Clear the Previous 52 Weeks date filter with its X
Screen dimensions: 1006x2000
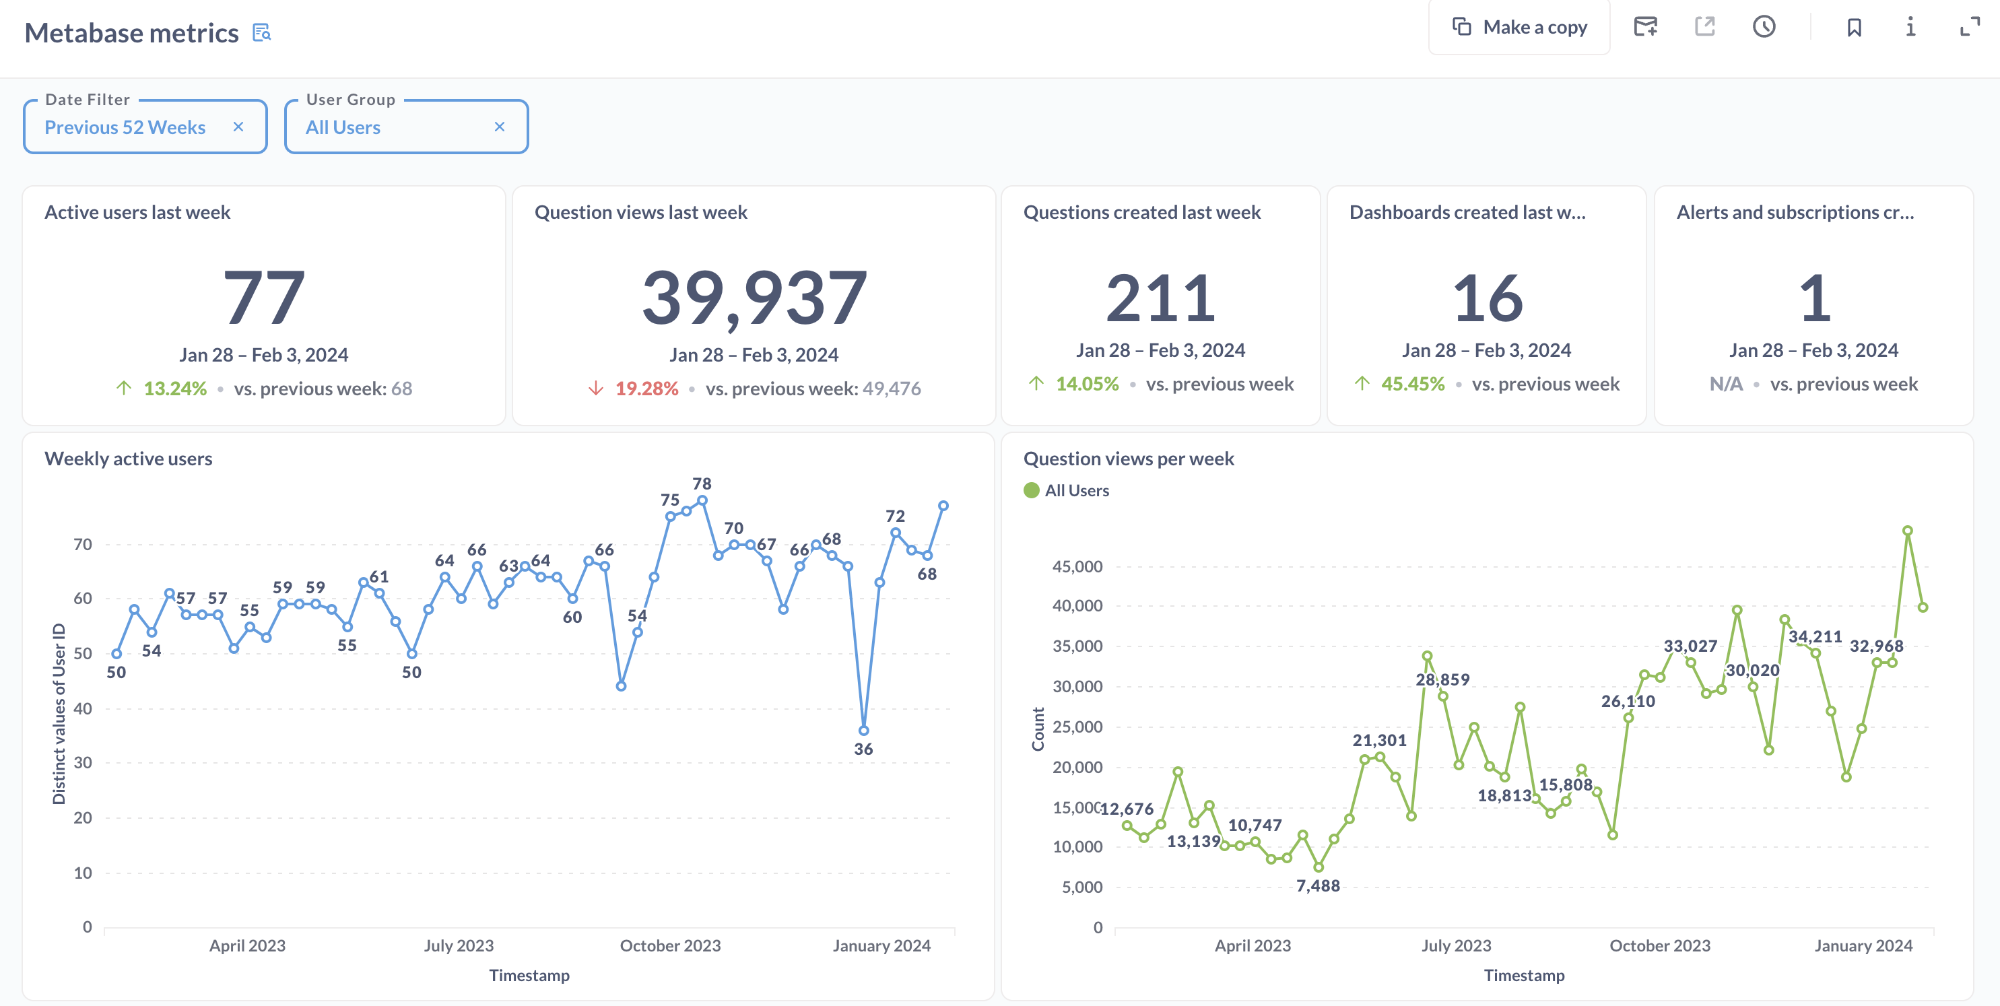point(238,127)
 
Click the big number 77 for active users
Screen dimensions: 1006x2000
point(264,298)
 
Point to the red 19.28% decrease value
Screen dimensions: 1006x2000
point(646,388)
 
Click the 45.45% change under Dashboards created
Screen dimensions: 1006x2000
point(1412,383)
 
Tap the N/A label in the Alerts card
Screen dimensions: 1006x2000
point(1725,383)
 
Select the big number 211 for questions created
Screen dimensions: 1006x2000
point(1160,298)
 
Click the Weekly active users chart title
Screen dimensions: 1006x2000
point(128,459)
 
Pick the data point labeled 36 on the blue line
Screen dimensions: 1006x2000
point(863,731)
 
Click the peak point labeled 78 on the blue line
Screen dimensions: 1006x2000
point(702,501)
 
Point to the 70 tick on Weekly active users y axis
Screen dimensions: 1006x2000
point(82,544)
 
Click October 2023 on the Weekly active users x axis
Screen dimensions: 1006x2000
point(670,945)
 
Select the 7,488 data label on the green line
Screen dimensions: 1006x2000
point(1318,885)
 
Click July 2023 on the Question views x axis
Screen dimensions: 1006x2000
point(1456,945)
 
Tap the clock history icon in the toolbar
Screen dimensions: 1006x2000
point(1763,27)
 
